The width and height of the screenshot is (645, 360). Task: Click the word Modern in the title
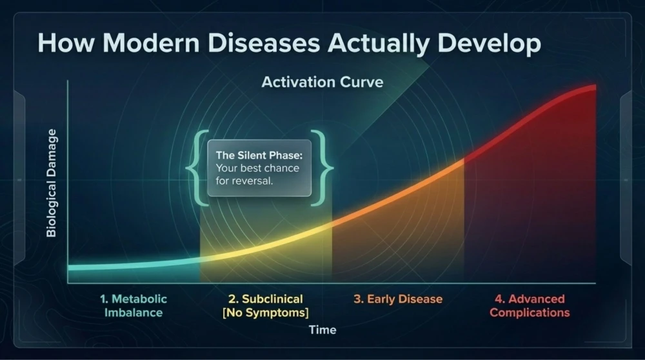[151, 43]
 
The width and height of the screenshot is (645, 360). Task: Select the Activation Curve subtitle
[322, 82]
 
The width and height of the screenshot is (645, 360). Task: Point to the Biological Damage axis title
[52, 183]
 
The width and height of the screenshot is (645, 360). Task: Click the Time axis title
[322, 330]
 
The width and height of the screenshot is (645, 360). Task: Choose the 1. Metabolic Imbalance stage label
[134, 306]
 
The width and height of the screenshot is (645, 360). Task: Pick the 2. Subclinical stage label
[265, 306]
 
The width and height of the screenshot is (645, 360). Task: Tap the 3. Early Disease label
[398, 299]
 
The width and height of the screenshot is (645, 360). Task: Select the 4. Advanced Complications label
[530, 306]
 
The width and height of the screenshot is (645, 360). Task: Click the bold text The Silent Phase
[259, 155]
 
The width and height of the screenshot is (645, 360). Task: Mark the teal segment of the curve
[134, 265]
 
